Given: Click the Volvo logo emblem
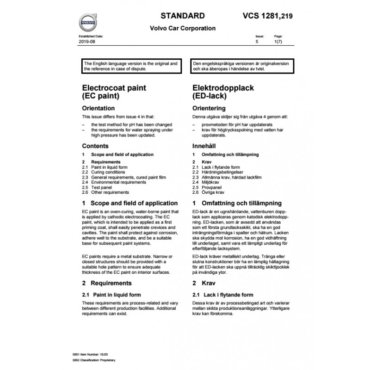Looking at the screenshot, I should [x=87, y=22].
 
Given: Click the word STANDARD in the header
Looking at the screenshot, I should [x=182, y=15].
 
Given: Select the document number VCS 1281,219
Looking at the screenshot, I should [x=268, y=16].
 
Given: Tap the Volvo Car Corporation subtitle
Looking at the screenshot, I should [x=183, y=28].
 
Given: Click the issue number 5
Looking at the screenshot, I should [x=257, y=42].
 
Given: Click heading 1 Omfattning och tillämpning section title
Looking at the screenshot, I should [x=237, y=203].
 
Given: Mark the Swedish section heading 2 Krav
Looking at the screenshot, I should [x=202, y=283].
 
